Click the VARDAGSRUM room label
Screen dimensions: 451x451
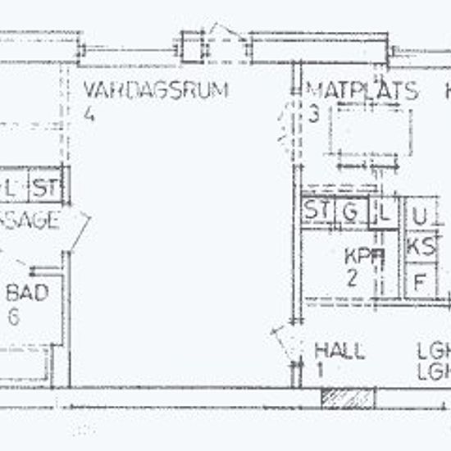click(155, 90)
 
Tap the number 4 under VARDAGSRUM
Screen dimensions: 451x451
click(89, 114)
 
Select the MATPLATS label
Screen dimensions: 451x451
click(362, 90)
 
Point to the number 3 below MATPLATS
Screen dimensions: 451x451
click(313, 115)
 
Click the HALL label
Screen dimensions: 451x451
click(339, 351)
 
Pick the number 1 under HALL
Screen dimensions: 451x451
click(319, 371)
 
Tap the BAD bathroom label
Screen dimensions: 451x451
click(27, 293)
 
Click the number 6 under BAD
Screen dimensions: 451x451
click(13, 317)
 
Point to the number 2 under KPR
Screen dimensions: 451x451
click(352, 277)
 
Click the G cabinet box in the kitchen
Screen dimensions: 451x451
click(350, 212)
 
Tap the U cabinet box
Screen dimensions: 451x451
click(420, 217)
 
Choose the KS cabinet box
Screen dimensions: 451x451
click(421, 246)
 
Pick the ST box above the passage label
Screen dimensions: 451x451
click(46, 188)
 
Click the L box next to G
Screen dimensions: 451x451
click(381, 212)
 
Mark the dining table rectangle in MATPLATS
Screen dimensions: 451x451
click(371, 130)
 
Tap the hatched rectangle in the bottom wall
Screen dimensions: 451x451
click(347, 397)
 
